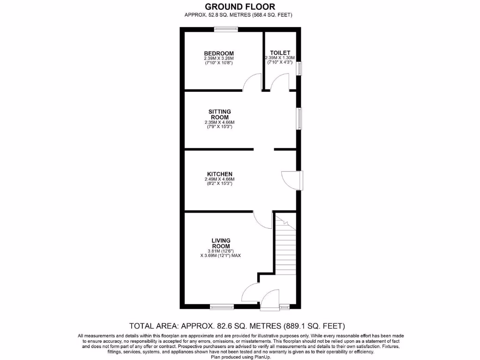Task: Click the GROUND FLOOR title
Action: [x=240, y=7]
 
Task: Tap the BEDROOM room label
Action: [x=219, y=53]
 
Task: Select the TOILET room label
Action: [x=280, y=52]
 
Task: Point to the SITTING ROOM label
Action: [x=219, y=114]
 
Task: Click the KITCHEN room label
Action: [x=219, y=174]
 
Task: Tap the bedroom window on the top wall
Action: [x=226, y=30]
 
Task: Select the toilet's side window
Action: [x=299, y=68]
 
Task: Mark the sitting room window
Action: [x=299, y=118]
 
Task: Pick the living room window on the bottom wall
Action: [x=222, y=307]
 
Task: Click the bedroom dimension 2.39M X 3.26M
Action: [x=219, y=58]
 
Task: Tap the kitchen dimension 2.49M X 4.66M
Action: [x=219, y=179]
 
